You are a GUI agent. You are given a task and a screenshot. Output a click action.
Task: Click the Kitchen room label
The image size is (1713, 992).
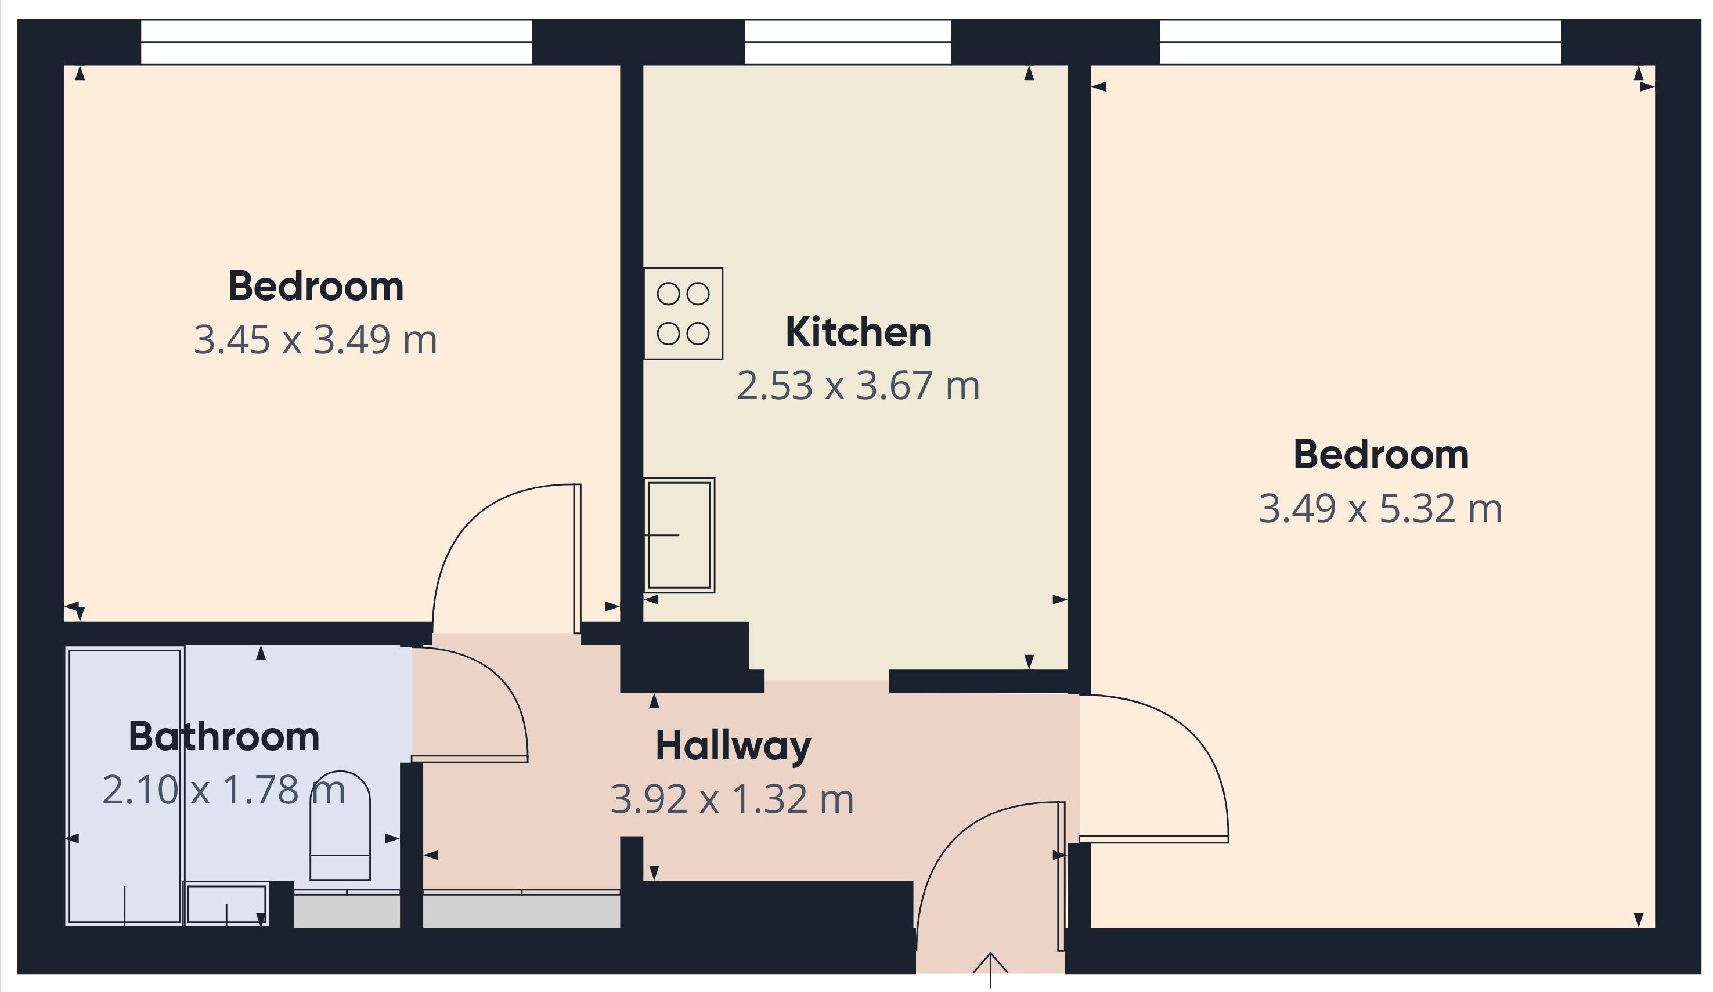pyautogui.click(x=858, y=332)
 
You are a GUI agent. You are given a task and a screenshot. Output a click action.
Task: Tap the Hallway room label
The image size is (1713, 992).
pyautogui.click(x=733, y=747)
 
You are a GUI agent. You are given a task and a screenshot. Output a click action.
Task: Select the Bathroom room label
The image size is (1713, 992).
pyautogui.click(x=223, y=737)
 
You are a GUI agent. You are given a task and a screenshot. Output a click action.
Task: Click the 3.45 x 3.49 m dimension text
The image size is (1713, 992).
pyautogui.click(x=315, y=341)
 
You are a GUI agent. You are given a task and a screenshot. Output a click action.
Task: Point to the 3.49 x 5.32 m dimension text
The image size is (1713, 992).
pyautogui.click(x=1380, y=509)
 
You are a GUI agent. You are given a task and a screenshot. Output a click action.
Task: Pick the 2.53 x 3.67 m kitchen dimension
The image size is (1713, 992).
pyautogui.click(x=858, y=386)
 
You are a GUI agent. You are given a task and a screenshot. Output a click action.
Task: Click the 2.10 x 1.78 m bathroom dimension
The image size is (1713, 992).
pyautogui.click(x=223, y=790)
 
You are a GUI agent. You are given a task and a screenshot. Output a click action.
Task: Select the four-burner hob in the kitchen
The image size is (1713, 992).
pyautogui.click(x=683, y=313)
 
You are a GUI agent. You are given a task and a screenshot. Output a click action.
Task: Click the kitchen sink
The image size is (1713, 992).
pyautogui.click(x=679, y=535)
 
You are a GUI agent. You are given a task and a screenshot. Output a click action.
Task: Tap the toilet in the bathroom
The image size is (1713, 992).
pyautogui.click(x=340, y=826)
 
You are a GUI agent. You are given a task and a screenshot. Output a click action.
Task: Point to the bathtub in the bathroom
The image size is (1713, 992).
pyautogui.click(x=124, y=787)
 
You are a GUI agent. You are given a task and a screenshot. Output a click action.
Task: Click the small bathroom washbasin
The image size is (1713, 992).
pyautogui.click(x=226, y=904)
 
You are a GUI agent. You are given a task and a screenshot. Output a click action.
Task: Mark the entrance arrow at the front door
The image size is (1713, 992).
pyautogui.click(x=990, y=971)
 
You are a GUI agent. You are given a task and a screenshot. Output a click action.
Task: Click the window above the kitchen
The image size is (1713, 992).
pyautogui.click(x=848, y=42)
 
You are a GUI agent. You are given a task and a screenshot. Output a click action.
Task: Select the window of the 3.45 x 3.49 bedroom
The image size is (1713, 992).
pyautogui.click(x=336, y=42)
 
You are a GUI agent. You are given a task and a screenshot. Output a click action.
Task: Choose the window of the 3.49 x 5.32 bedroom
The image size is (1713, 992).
pyautogui.click(x=1360, y=42)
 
